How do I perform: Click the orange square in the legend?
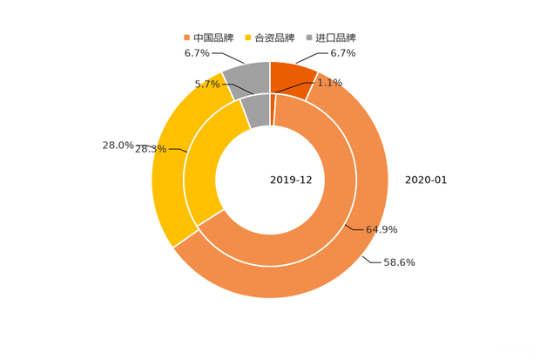186,37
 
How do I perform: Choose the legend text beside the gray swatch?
334,37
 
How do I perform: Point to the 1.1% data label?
329,83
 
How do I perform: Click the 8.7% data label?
206,84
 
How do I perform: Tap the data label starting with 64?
382,229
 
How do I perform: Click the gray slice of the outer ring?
246,78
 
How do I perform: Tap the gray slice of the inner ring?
256,110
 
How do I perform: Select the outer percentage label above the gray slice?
197,53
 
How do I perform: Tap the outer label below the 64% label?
400,262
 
